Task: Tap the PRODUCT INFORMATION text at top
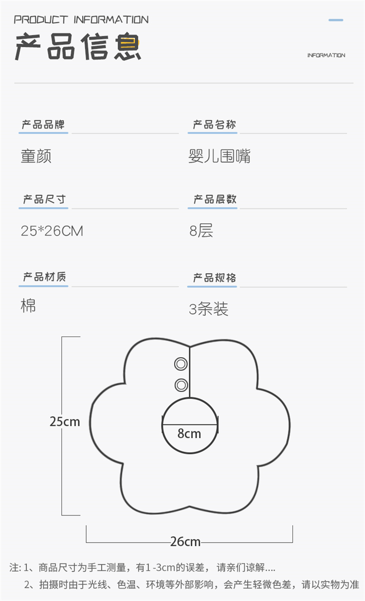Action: click(81, 20)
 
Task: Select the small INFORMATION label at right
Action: click(326, 55)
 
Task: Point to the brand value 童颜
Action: click(36, 156)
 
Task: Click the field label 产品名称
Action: click(214, 124)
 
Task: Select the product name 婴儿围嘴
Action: click(219, 156)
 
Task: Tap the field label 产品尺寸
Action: click(44, 199)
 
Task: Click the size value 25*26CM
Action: click(52, 230)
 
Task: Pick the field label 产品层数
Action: click(215, 199)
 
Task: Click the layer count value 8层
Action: click(201, 230)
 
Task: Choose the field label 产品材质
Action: click(44, 277)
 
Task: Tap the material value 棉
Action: click(28, 306)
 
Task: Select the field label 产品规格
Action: click(215, 278)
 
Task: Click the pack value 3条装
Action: click(209, 309)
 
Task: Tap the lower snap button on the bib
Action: click(181, 385)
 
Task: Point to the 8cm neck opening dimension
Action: click(189, 433)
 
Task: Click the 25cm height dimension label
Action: click(65, 421)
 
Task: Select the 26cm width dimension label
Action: click(185, 541)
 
